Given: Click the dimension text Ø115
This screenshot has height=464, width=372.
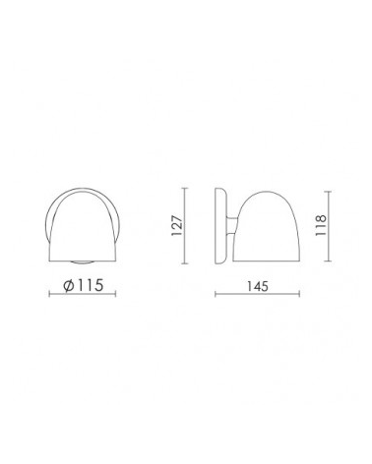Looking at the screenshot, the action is pos(84,285).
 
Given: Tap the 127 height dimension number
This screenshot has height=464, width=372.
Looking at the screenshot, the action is pos(176,226).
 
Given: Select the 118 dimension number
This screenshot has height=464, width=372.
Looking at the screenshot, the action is pos(320,225).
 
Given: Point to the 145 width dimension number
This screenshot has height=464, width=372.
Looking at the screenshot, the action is pos(258,286).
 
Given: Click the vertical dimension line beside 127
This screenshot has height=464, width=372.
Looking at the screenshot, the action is pos(185,226).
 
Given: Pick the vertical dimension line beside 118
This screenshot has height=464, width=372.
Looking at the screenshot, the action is pos(329,226).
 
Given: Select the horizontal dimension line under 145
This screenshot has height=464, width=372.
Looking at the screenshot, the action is pos(257,294).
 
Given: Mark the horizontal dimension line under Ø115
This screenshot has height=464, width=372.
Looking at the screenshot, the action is pos(83,294).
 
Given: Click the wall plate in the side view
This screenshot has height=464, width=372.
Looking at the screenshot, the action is pos(220,226).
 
